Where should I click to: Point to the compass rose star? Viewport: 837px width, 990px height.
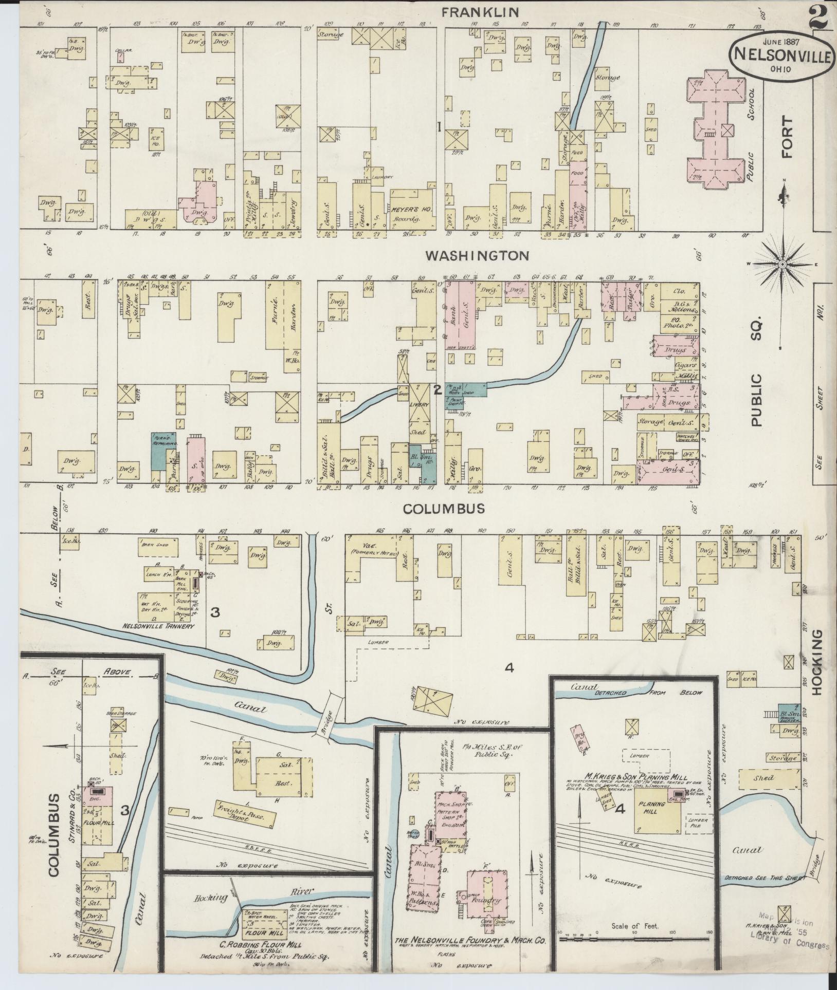click(x=782, y=264)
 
